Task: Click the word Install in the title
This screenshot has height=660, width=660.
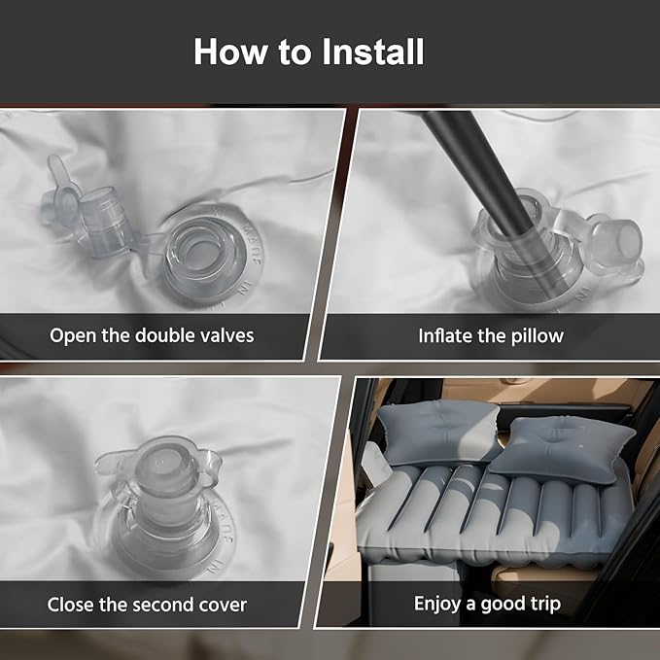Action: click(x=373, y=52)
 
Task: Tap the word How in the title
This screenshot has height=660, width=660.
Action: click(x=230, y=52)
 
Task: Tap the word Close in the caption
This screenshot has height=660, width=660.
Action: click(x=70, y=605)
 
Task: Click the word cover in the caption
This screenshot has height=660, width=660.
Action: click(x=223, y=606)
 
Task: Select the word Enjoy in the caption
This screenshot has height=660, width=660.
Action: click(x=436, y=605)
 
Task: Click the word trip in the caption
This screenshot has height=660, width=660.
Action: click(x=545, y=605)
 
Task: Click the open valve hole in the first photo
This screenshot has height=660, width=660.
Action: click(x=205, y=252)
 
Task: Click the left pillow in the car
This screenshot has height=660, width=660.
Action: click(x=437, y=433)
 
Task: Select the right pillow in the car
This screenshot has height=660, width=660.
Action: click(x=562, y=449)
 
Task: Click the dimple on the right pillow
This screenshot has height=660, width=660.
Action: click(x=566, y=440)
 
